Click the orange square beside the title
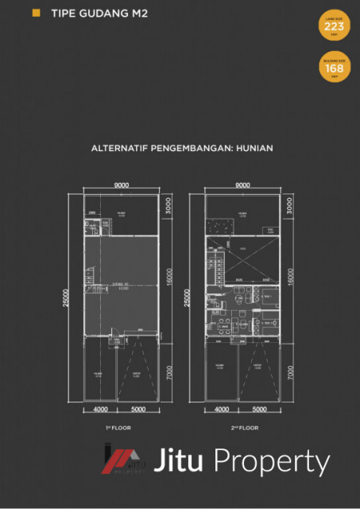click(36, 14)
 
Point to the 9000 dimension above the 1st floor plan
click(122, 185)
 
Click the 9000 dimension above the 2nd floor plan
click(243, 185)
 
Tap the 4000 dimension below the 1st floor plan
click(101, 410)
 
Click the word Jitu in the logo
click(181, 462)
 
